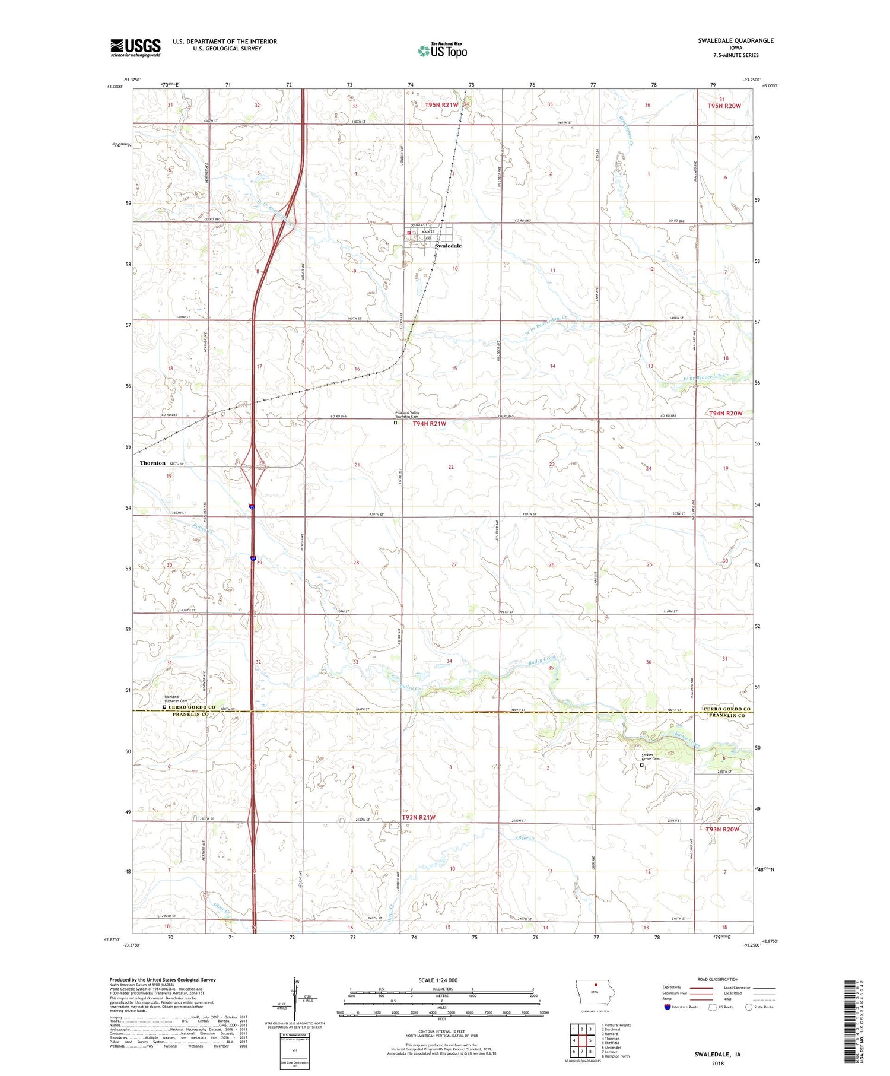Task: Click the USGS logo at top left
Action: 135,47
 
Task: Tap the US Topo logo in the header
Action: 442,51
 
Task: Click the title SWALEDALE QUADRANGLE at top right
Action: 736,40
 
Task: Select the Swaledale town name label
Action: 448,246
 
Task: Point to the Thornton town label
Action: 152,463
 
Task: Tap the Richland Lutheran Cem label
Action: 176,699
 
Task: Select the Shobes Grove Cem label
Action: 650,757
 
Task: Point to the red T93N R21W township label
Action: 418,817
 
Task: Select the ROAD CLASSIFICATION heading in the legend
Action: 717,979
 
